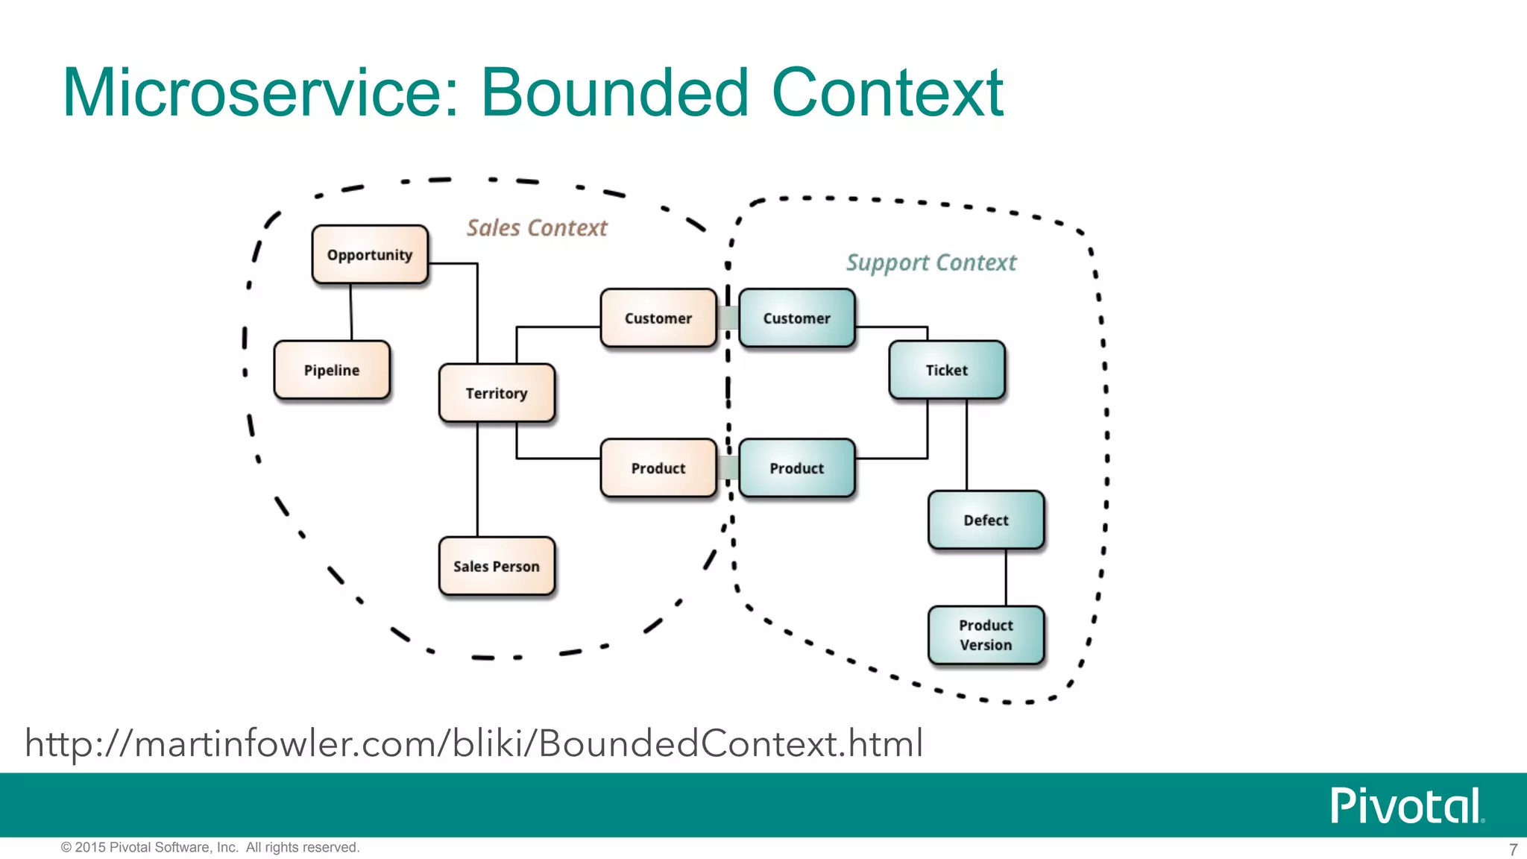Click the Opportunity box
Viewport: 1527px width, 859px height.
point(370,255)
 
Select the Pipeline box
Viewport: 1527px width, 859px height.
point(332,371)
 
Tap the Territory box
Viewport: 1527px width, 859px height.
point(497,394)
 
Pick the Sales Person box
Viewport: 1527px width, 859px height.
point(497,567)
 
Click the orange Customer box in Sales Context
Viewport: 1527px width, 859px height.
point(658,318)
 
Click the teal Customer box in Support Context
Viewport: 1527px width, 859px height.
point(796,318)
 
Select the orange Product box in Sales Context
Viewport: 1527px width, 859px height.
point(658,468)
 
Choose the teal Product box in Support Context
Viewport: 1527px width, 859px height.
point(796,468)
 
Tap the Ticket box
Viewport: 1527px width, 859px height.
point(947,371)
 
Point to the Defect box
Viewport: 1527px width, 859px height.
point(986,520)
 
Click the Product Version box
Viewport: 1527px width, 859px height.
point(986,635)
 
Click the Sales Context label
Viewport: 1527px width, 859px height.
point(537,228)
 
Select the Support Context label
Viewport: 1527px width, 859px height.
point(931,263)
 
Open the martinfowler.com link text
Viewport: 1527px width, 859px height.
point(474,744)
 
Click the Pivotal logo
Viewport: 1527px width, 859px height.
point(1406,806)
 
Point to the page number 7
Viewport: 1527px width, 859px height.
point(1513,849)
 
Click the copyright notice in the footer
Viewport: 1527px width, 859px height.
point(210,848)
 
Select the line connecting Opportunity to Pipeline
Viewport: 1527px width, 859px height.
point(351,312)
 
